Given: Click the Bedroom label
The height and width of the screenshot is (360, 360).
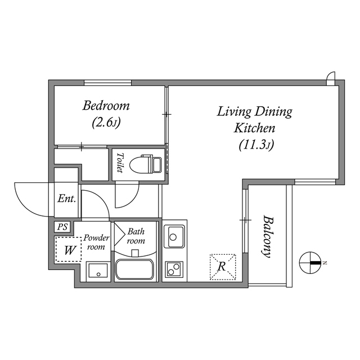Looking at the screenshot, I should (106, 105).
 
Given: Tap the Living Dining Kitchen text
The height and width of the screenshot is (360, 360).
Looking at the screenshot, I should (255, 119).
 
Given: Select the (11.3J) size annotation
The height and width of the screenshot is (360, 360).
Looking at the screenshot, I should (255, 146).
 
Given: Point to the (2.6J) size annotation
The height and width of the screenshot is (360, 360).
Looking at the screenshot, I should (106, 121).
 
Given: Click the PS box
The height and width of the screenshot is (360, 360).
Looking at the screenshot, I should (62, 227).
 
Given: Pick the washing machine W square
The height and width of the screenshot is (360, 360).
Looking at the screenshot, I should (68, 250).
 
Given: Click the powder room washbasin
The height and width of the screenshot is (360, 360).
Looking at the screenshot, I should (98, 271).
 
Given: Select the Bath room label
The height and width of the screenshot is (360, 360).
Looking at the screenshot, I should (136, 236).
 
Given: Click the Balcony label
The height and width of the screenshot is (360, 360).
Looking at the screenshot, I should (268, 236).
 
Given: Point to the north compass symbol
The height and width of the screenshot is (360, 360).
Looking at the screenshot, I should (310, 263).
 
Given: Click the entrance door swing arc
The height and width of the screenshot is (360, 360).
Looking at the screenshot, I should (33, 200).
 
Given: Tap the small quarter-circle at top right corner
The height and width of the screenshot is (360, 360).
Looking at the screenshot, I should (331, 77).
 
